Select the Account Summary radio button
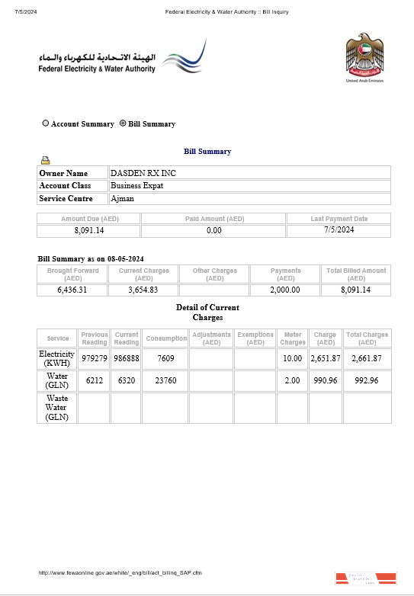click(46, 123)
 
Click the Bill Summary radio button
click(123, 123)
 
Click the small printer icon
click(45, 160)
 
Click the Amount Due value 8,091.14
click(89, 230)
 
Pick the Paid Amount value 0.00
click(214, 230)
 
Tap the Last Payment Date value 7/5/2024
click(339, 229)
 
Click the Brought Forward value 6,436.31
click(72, 290)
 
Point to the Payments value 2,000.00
click(285, 290)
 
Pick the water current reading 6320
click(127, 380)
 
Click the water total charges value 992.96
click(367, 380)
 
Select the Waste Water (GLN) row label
click(57, 408)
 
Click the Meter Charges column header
click(293, 338)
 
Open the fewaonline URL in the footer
click(120, 572)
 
